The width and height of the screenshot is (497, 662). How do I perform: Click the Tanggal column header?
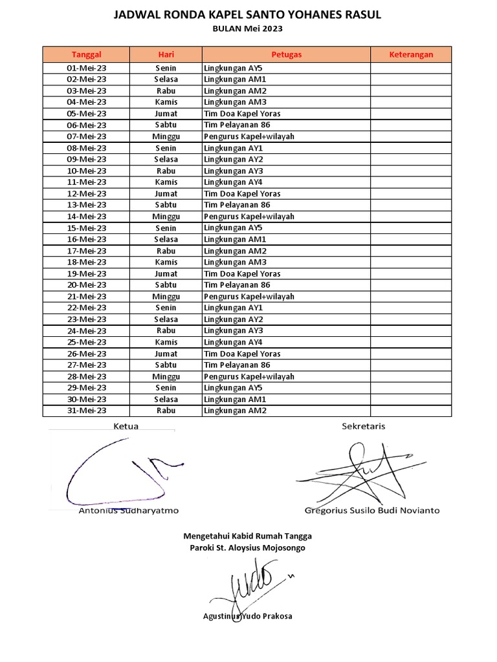pos(86,55)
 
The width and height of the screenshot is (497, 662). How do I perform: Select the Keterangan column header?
pos(410,55)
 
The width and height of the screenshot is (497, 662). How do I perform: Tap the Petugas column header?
pos(286,55)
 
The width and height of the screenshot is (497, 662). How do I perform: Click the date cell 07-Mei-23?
pos(86,137)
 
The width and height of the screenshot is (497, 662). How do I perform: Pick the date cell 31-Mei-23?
pos(86,411)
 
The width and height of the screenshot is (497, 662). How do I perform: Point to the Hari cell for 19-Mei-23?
pos(166,274)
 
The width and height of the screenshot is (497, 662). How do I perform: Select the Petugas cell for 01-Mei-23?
pos(286,69)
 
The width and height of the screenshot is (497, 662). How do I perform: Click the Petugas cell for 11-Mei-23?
pos(286,182)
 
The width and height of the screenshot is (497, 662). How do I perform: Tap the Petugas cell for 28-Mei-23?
pos(286,377)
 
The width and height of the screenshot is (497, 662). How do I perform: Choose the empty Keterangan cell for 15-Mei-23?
pos(410,228)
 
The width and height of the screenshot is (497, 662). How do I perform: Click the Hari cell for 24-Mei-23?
pos(166,331)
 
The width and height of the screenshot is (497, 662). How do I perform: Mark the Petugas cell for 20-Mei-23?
pos(286,285)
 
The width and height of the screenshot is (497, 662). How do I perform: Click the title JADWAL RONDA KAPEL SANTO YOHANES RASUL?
pos(248,15)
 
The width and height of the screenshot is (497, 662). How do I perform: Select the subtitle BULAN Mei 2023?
pos(248,28)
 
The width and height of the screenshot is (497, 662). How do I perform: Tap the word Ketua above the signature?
pos(126,426)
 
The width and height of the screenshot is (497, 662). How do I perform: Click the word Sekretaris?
pos(363,426)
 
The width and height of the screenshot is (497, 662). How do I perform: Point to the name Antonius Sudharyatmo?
pos(129,510)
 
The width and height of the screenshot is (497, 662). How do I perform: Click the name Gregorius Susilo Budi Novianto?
pos(371,510)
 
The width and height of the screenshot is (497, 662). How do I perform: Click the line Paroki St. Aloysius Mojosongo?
pos(248,548)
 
